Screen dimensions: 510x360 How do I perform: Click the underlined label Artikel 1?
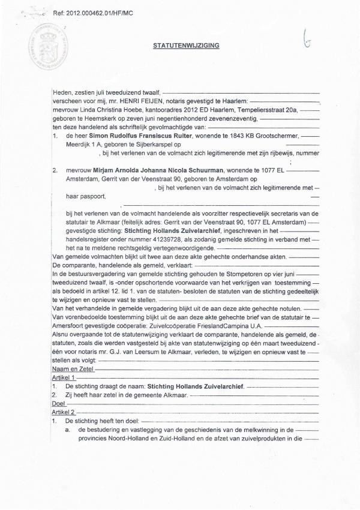coord(64,379)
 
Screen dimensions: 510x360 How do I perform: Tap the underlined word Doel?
coord(59,404)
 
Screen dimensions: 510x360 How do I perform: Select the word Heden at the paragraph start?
coord(62,94)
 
